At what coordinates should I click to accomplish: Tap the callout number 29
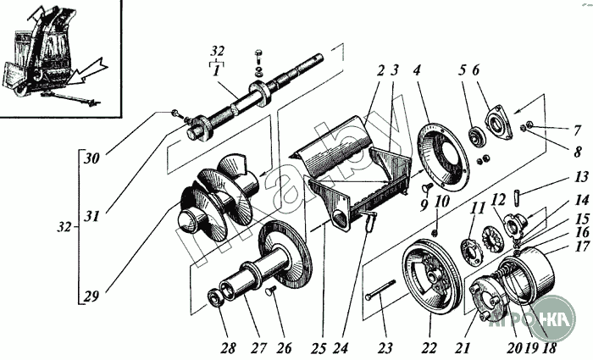[x=90, y=296]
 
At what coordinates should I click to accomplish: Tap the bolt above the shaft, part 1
[x=258, y=60]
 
